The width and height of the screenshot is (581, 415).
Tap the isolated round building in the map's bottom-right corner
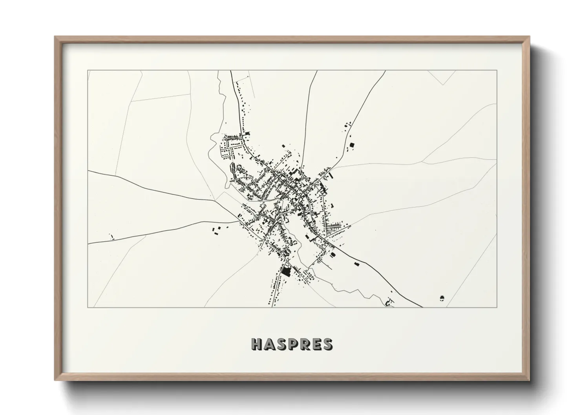click(x=442, y=298)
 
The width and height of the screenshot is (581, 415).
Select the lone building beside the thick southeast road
click(x=356, y=264)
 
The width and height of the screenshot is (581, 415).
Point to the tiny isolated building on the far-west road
click(x=111, y=236)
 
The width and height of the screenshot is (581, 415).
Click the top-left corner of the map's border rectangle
click(x=88, y=71)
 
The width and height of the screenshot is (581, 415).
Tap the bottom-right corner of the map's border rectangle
click(x=497, y=307)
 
